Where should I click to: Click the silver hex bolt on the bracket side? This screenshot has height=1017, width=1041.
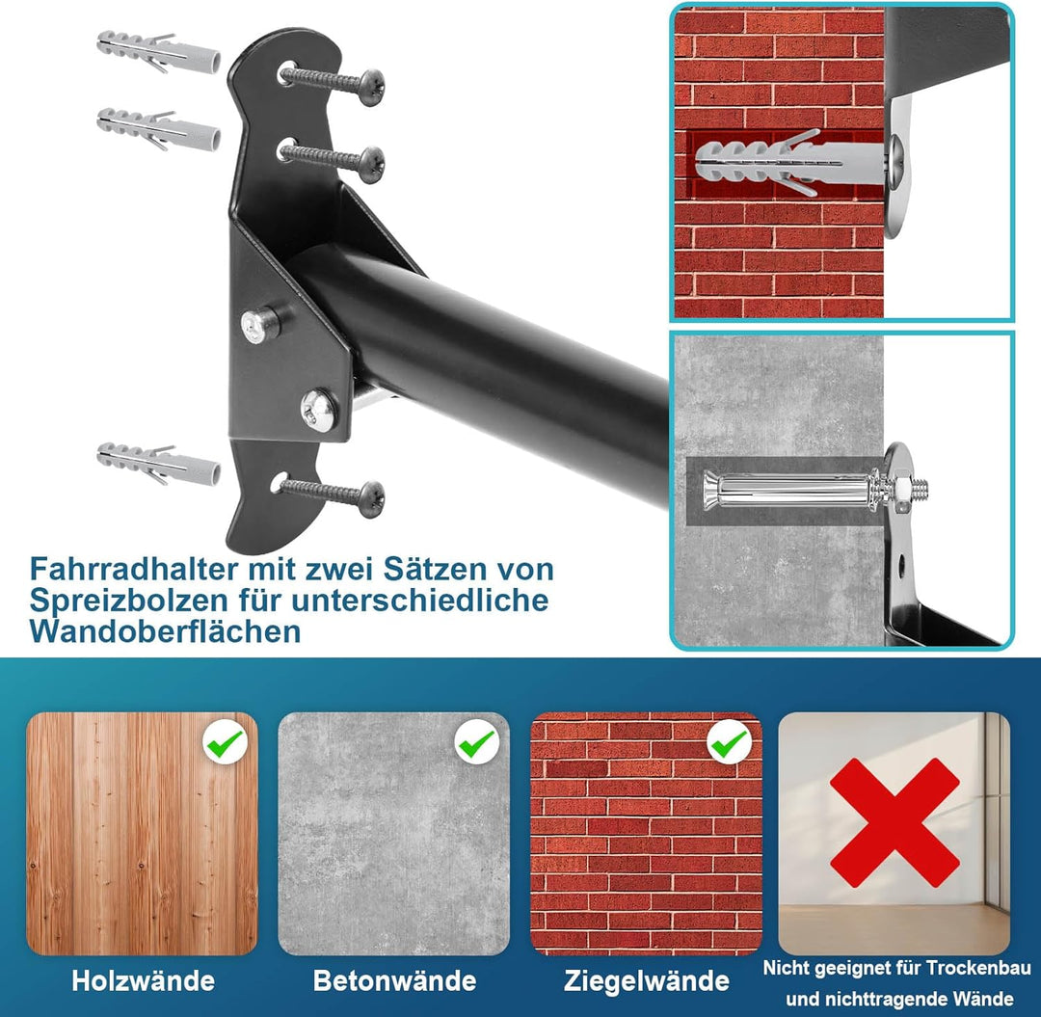[x=258, y=324]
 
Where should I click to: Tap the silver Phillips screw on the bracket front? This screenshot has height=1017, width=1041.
[x=318, y=409]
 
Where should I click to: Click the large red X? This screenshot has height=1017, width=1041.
[x=894, y=822]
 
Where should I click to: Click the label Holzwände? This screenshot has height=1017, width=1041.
[x=143, y=981]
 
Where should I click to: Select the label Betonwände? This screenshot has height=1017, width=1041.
[x=394, y=981]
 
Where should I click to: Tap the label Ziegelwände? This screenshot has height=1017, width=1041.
[x=646, y=981]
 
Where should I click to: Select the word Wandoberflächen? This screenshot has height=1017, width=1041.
[x=165, y=631]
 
